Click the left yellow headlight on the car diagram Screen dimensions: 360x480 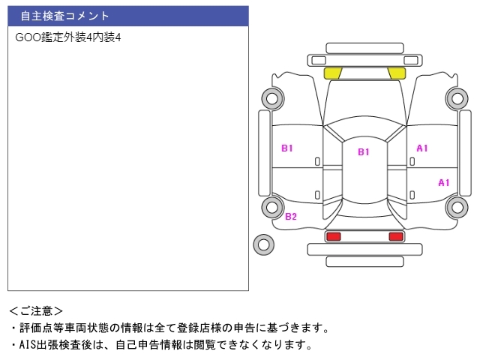pyautogui.click(x=332, y=73)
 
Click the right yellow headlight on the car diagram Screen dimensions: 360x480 pyautogui.click(x=396, y=73)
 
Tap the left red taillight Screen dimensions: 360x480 pyautogui.click(x=333, y=236)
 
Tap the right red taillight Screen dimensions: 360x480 pyautogui.click(x=395, y=236)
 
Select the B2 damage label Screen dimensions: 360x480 pyautogui.click(x=291, y=217)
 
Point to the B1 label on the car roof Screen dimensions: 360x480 pyautogui.click(x=364, y=152)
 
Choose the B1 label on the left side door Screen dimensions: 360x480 pyautogui.click(x=287, y=148)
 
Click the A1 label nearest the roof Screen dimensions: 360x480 pyautogui.click(x=422, y=148)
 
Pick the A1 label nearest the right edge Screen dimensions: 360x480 pyautogui.click(x=444, y=182)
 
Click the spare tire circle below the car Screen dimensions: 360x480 pyautogui.click(x=264, y=244)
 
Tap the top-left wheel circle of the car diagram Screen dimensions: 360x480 pyautogui.click(x=271, y=97)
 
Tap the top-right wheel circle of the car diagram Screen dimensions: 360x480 pyautogui.click(x=456, y=97)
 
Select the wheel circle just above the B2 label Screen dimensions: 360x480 pyautogui.click(x=271, y=207)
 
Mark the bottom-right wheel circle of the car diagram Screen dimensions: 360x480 pyautogui.click(x=456, y=207)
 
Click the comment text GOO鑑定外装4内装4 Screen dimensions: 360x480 pyautogui.click(x=68, y=37)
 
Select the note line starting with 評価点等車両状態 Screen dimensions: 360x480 pyautogui.click(x=169, y=328)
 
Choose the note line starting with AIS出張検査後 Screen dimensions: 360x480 pyautogui.click(x=160, y=345)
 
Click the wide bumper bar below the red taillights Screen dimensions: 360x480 pyautogui.click(x=364, y=249)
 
